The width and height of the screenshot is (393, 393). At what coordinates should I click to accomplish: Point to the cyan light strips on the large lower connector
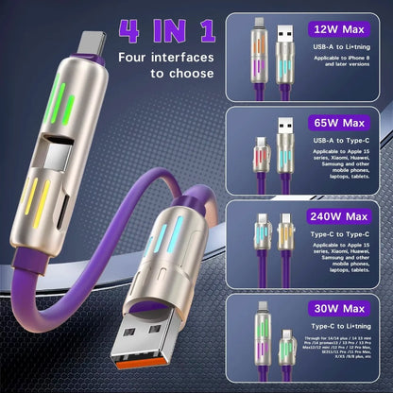point(178,237)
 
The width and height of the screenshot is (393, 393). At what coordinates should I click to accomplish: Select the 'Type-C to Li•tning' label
point(338,330)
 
